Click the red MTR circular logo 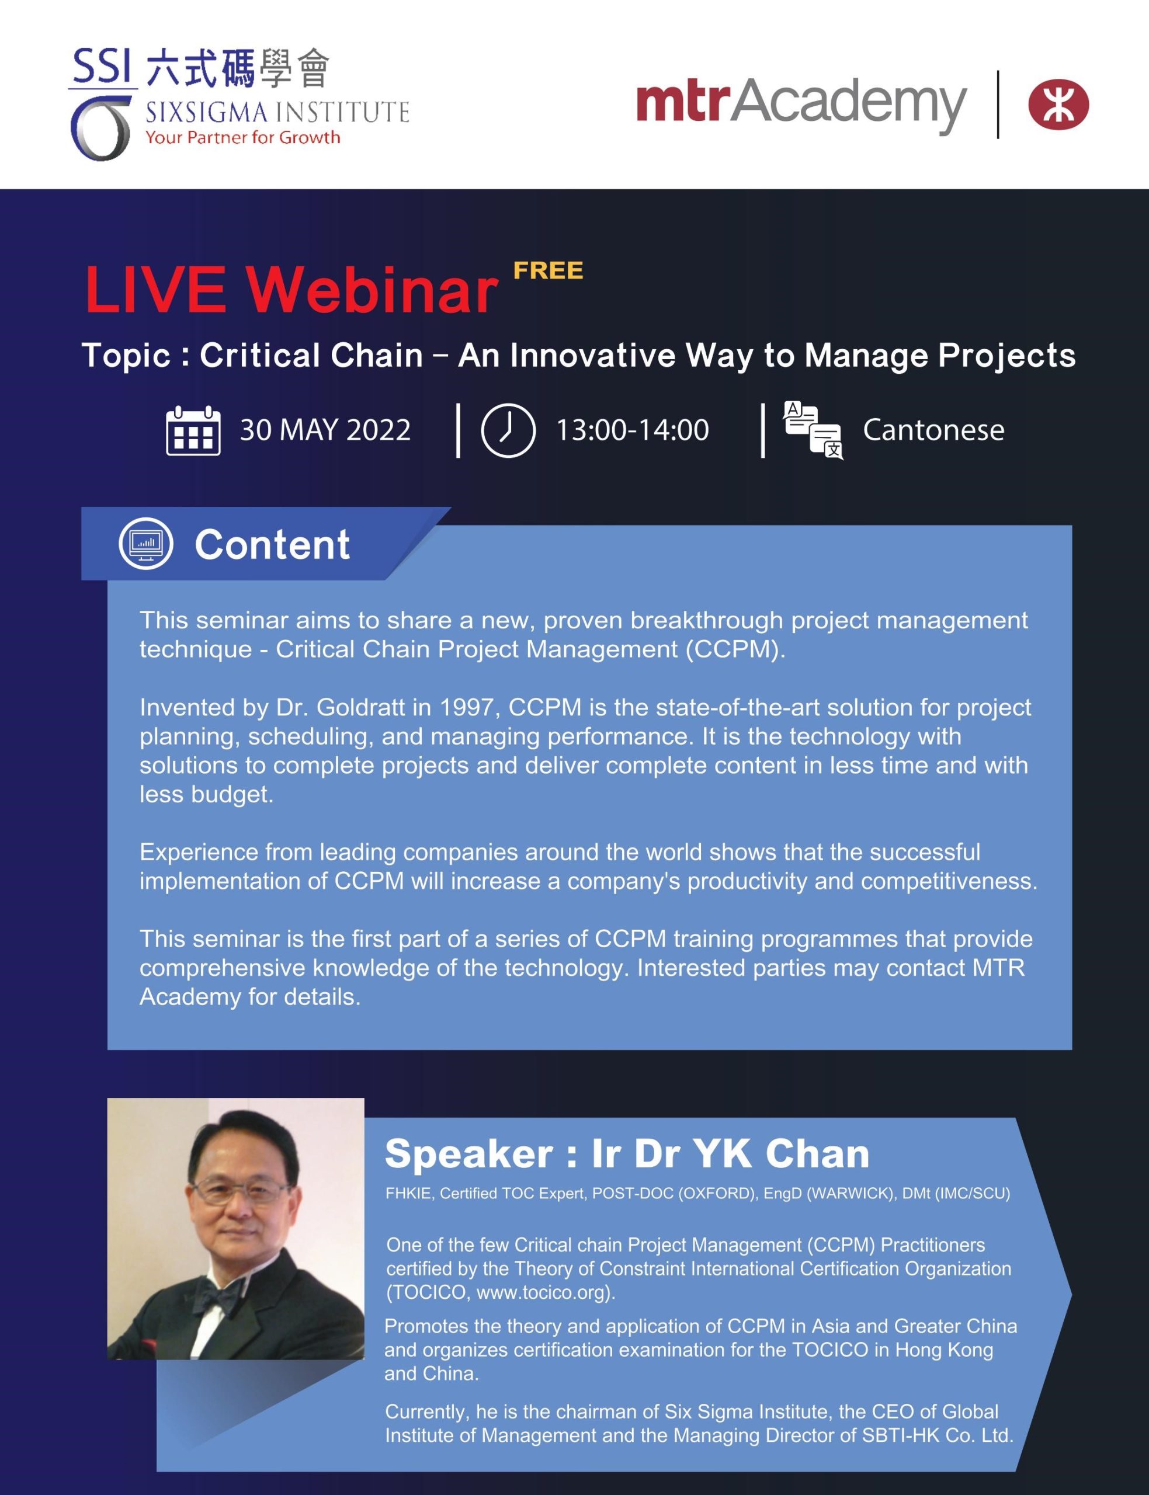1058,105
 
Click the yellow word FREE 548,271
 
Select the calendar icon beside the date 193,430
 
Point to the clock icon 508,430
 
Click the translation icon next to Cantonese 813,430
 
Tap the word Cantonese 933,430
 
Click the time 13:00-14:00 632,430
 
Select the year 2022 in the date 378,430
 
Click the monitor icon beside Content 145,544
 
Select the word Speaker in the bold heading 469,1154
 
